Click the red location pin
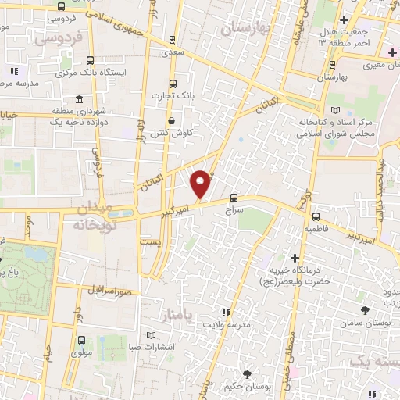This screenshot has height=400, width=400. tap(201, 184)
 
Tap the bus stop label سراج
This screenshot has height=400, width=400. tap(234, 210)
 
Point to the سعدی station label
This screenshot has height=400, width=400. tap(170, 54)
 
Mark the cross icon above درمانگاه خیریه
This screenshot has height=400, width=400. tap(295, 258)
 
